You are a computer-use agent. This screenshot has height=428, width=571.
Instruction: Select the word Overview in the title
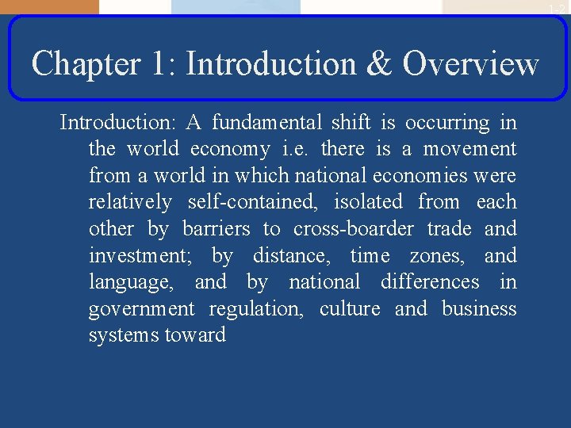tap(471, 63)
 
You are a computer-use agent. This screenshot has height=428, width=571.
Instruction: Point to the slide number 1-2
tap(557, 8)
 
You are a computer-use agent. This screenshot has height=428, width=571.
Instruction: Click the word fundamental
tap(266, 123)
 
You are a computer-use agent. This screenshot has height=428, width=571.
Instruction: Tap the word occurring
tap(447, 124)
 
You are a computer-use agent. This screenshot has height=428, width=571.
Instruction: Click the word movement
tap(469, 149)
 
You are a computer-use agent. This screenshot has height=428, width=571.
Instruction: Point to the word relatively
tap(129, 203)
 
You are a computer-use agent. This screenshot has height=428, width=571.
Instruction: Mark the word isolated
tap(368, 202)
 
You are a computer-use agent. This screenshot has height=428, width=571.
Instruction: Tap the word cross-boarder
tap(353, 229)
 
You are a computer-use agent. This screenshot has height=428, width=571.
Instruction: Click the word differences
tap(430, 282)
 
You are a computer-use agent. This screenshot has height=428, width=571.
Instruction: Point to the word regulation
tap(255, 309)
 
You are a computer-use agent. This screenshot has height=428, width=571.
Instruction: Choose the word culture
tap(350, 308)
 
